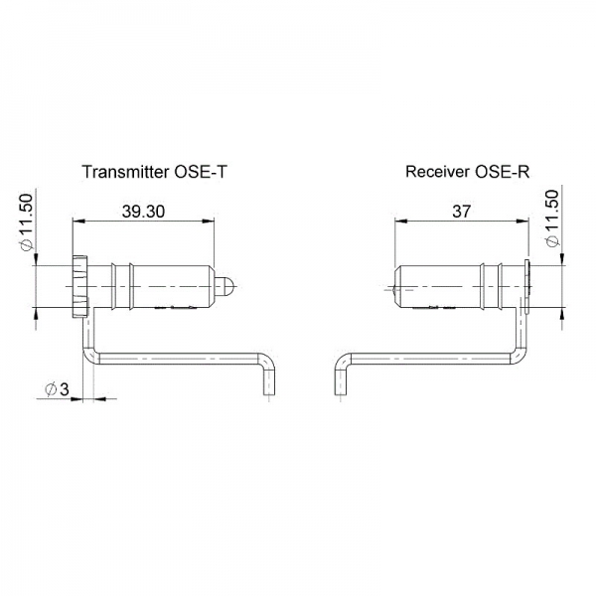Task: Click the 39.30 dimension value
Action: pos(142,211)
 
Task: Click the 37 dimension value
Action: pos(459,211)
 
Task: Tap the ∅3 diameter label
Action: pos(57,389)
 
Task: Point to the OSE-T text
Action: pos(202,171)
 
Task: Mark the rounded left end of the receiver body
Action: pos(398,286)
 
